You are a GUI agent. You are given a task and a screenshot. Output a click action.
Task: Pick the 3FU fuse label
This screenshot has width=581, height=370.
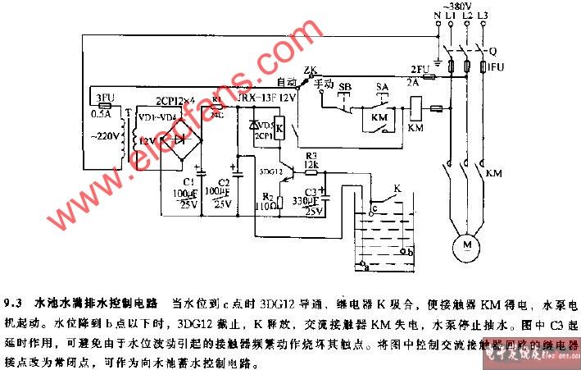pos(104,97)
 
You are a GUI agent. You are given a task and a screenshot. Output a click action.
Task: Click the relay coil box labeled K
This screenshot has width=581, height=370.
pos(279,128)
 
